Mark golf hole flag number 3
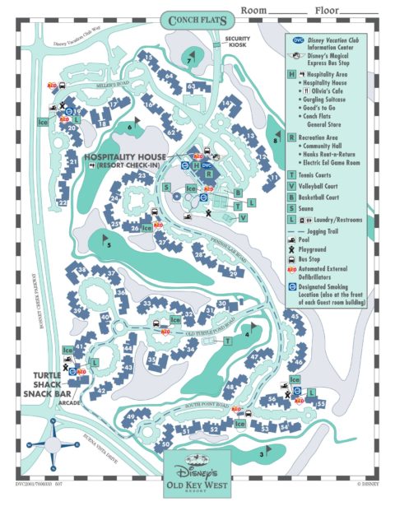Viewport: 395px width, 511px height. coord(264,452)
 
